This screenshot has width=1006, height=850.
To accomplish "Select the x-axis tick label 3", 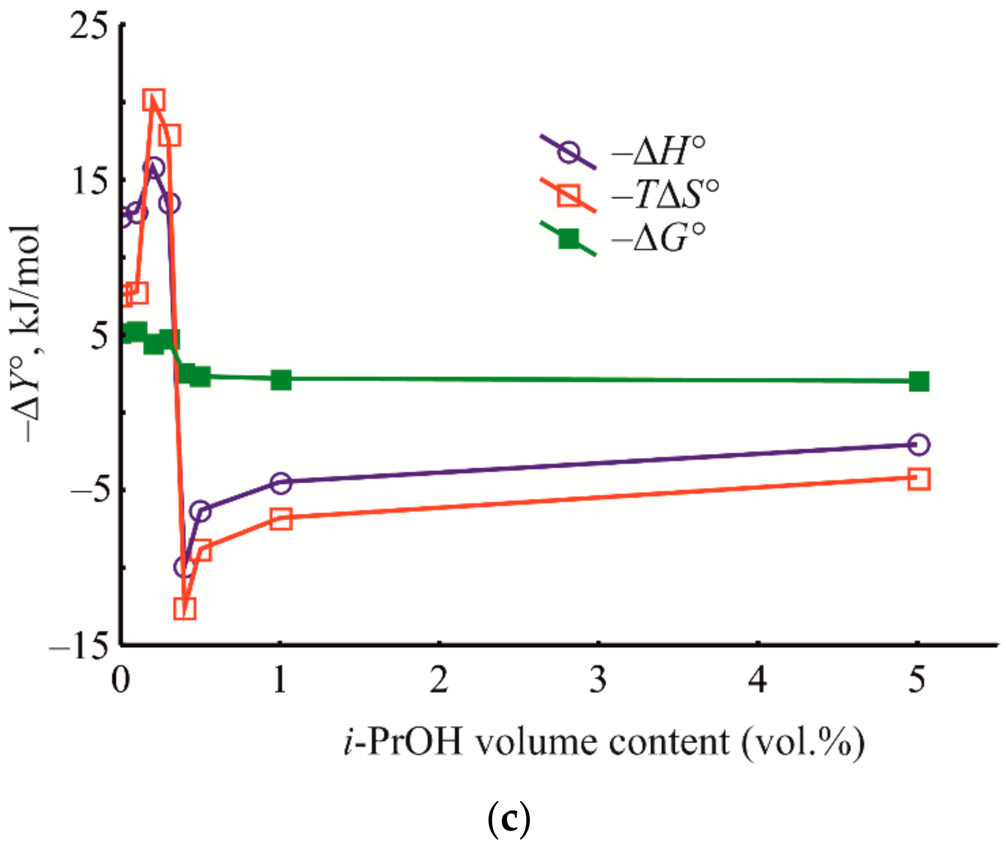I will [x=598, y=680].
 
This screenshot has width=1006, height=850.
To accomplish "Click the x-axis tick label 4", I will [x=757, y=680].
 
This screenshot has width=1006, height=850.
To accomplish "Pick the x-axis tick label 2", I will [x=439, y=680].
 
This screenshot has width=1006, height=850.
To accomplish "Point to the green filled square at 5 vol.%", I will [x=919, y=382].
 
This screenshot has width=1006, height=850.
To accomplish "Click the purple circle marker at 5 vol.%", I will [x=919, y=444].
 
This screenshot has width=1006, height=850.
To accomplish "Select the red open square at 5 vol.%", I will [x=919, y=479].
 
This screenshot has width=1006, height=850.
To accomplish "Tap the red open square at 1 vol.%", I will [x=281, y=519].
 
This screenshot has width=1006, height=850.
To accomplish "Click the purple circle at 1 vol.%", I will [x=281, y=483].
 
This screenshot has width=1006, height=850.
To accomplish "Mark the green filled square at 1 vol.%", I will [x=281, y=380].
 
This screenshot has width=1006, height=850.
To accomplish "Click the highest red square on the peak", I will [x=154, y=100].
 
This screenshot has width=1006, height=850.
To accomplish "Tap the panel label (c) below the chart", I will [x=508, y=820].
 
